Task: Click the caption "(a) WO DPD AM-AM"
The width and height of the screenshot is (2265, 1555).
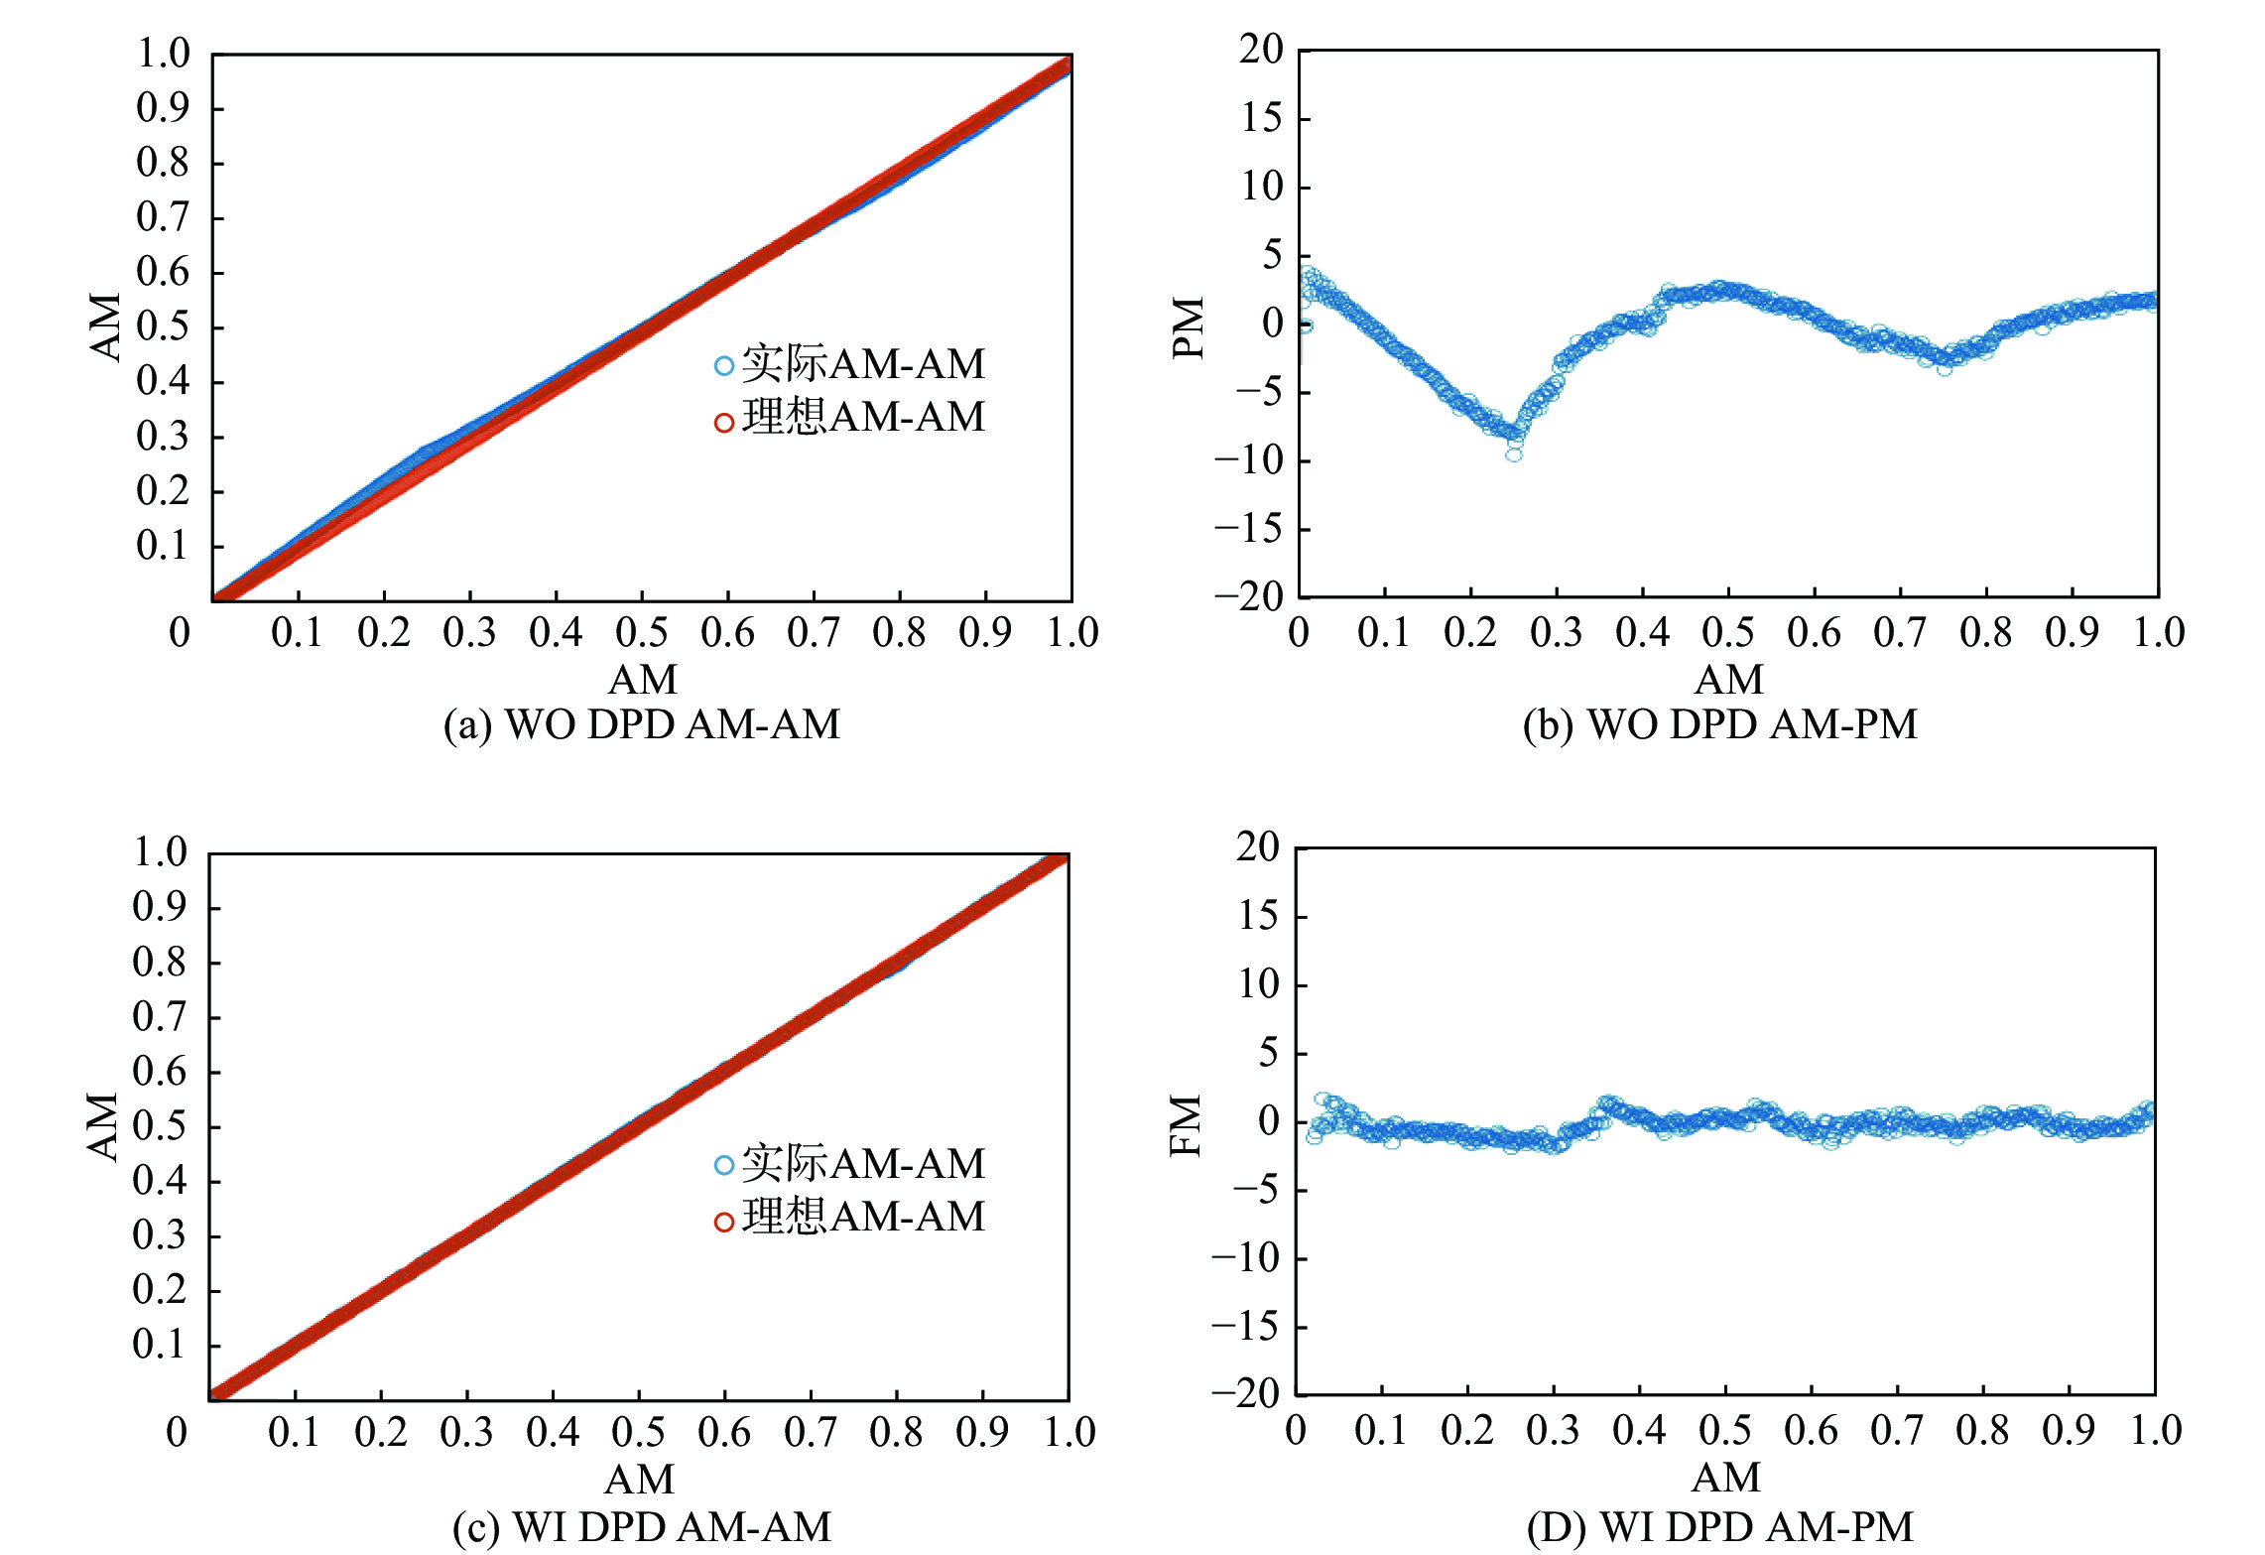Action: click(x=642, y=724)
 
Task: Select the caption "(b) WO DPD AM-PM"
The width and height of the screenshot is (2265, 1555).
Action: click(x=1719, y=724)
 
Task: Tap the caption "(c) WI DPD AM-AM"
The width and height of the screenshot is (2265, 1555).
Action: click(x=642, y=1526)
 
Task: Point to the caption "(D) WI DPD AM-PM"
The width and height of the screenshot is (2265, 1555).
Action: click(x=1719, y=1526)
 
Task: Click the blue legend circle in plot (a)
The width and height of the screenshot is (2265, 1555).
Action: click(x=724, y=366)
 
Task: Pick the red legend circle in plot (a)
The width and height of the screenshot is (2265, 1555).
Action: click(x=724, y=423)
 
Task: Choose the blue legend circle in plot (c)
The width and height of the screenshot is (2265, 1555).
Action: click(x=724, y=1165)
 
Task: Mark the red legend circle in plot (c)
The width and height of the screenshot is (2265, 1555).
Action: click(x=724, y=1222)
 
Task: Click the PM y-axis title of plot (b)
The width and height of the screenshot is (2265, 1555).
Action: click(x=1188, y=326)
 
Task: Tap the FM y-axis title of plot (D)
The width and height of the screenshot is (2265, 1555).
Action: click(x=1186, y=1125)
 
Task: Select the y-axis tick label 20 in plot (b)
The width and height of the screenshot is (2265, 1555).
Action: click(x=1260, y=49)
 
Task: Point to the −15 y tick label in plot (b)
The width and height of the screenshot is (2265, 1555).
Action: click(x=1248, y=529)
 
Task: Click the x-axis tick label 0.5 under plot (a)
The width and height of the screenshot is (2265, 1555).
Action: click(x=641, y=633)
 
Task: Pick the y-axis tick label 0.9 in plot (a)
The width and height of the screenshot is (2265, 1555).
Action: click(x=163, y=107)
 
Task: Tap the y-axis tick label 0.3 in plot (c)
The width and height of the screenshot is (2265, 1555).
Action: click(x=160, y=1235)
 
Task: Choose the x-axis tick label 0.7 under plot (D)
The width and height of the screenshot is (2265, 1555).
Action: click(x=1896, y=1431)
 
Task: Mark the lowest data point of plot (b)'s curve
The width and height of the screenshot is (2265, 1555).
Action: click(x=1514, y=454)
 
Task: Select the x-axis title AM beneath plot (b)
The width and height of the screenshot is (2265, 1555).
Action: click(x=1729, y=680)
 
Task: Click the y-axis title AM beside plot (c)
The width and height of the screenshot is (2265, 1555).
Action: click(x=102, y=1126)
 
